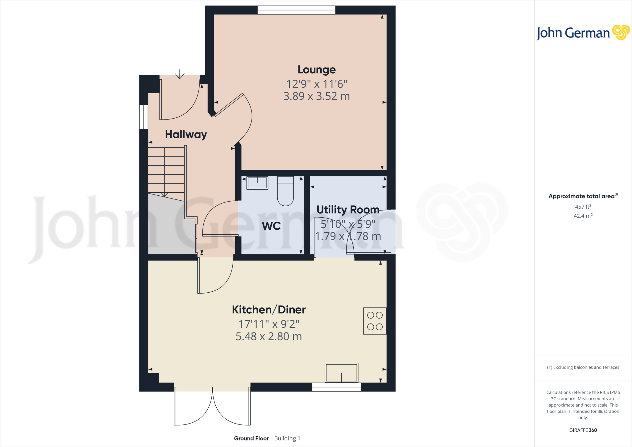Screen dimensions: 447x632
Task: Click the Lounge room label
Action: (316, 70)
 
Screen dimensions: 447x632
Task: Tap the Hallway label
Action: (186, 135)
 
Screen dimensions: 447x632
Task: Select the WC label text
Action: (271, 226)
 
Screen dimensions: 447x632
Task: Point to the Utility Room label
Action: (348, 210)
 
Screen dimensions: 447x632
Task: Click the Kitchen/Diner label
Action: (269, 310)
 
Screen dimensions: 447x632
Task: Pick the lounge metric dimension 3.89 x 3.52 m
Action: (316, 96)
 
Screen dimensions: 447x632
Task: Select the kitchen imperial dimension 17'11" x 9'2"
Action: (269, 324)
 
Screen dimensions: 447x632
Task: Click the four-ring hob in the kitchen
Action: (375, 321)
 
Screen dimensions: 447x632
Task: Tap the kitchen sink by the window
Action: (341, 373)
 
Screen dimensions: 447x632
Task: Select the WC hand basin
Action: (257, 183)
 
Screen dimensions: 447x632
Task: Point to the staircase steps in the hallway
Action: (166, 170)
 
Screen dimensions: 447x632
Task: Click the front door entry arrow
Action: (180, 74)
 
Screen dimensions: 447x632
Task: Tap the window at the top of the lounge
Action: (296, 10)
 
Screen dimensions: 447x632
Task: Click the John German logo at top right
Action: (583, 33)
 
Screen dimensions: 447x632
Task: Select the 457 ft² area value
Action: (583, 207)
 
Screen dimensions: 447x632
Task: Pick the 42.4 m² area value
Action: (583, 216)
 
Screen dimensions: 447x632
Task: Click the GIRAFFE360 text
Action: (583, 430)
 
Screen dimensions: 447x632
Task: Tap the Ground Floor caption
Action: (251, 438)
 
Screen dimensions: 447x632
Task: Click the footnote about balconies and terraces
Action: (583, 367)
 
